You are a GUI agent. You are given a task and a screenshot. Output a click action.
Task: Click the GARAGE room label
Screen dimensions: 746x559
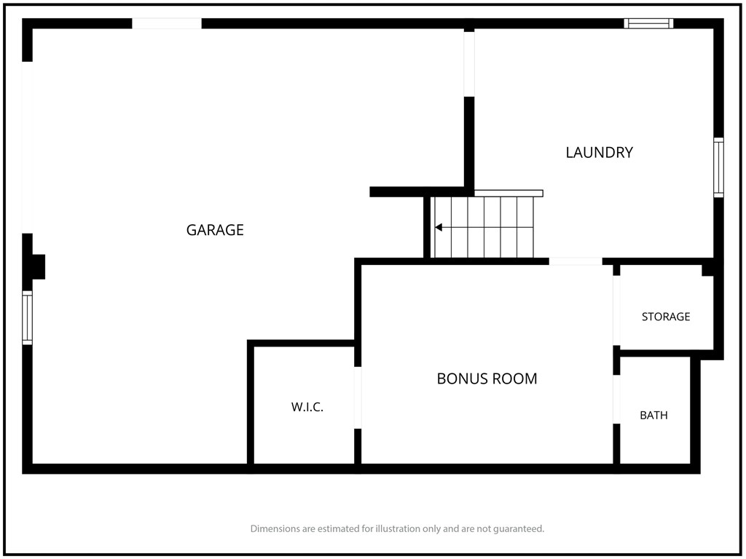coord(215,230)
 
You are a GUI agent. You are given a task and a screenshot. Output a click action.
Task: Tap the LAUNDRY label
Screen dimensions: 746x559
coord(599,153)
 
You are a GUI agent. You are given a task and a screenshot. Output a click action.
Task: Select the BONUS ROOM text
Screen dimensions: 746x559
coord(487,378)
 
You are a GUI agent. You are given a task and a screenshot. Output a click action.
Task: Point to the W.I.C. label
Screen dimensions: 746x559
coord(307,407)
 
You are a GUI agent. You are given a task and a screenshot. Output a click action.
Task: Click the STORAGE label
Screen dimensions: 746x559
coord(666,317)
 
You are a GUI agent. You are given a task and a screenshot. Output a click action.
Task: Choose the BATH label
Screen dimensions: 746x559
coord(653,416)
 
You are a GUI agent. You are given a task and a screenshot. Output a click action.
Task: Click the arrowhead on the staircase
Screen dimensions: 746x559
coord(439,227)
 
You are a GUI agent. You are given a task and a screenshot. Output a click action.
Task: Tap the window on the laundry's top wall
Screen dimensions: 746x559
coord(648,23)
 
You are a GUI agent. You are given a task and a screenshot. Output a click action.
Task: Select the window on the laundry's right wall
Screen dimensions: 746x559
coord(718,167)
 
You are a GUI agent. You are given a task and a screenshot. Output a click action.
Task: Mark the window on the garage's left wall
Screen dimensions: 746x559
coord(28,317)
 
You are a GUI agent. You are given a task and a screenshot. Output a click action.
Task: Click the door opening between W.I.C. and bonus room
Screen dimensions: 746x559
coord(358,397)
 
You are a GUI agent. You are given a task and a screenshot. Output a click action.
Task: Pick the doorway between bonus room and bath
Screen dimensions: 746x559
coord(616,399)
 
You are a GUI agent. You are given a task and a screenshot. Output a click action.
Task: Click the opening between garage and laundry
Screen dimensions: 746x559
coord(469,64)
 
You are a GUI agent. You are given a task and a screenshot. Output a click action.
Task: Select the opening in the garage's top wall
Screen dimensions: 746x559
coord(167,23)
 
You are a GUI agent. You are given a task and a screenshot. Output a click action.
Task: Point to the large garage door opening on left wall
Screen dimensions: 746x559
coord(28,147)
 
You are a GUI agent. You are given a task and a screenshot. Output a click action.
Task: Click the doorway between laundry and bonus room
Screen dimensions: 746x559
coord(576,261)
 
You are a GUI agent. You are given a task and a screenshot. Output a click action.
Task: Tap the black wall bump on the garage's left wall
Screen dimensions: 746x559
coord(39,266)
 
